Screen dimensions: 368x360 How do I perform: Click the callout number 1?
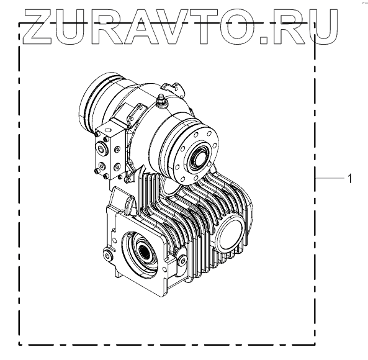350,179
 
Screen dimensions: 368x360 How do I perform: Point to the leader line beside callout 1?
330,178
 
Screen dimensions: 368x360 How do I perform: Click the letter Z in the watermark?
38,27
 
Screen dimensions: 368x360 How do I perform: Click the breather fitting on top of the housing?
162,101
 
